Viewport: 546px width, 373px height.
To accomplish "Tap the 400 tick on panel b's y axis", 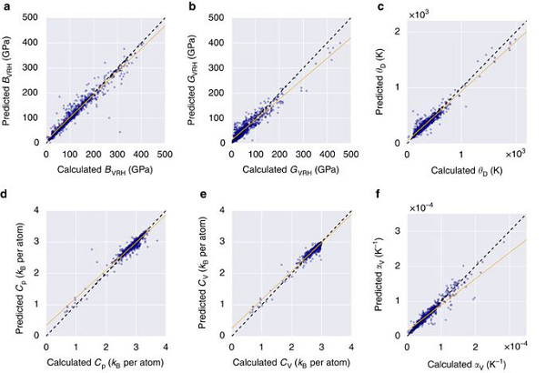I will pos(217,43).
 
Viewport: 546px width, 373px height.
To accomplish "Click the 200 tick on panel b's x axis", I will pos(278,156).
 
